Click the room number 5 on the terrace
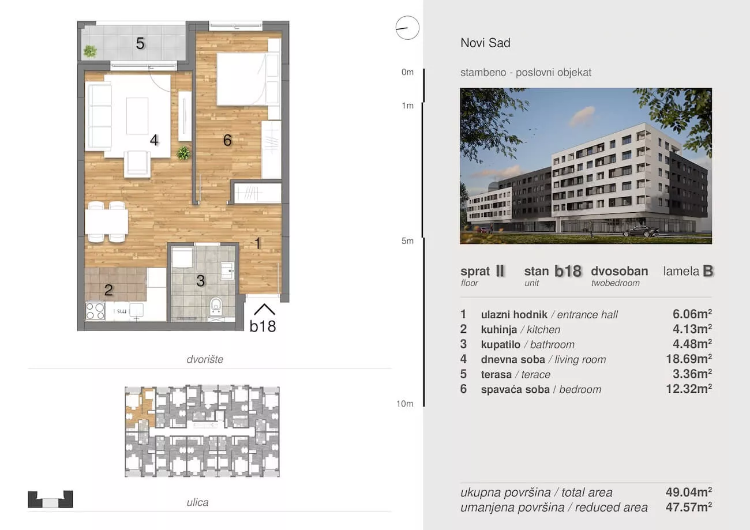point(140,43)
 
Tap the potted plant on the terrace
point(90,51)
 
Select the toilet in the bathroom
point(216,306)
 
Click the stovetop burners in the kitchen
point(95,311)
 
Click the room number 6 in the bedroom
point(227,140)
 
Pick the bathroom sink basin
point(227,270)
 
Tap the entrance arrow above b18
point(264,310)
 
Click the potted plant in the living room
point(183,153)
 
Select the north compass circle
point(407,28)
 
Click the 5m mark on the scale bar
point(407,241)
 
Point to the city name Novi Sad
point(486,43)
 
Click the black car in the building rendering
point(641,231)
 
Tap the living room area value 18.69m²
point(689,359)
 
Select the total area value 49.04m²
point(689,492)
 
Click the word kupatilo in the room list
point(501,345)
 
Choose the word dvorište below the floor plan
point(205,359)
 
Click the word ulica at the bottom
point(197,502)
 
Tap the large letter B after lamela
point(708,271)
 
